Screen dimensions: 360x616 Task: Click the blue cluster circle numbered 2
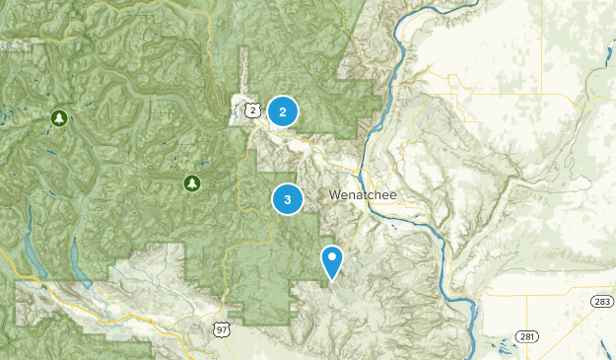[283, 112]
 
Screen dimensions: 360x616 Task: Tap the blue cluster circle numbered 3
[287, 200]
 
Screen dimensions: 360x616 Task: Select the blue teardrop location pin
[332, 260]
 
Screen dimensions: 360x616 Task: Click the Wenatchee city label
[363, 195]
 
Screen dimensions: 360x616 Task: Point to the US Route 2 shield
[253, 110]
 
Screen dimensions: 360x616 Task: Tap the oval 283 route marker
[598, 300]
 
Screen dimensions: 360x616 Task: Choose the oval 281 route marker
[528, 336]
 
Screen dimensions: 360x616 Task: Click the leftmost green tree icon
[59, 118]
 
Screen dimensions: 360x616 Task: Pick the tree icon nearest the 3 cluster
[191, 182]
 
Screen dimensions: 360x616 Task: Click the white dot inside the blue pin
[332, 258]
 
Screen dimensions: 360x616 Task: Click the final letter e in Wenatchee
[392, 195]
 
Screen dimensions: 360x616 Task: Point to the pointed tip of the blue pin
[332, 279]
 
